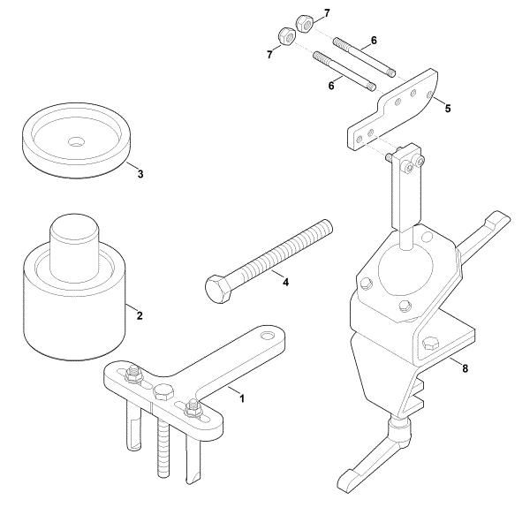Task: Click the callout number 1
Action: (x=243, y=397)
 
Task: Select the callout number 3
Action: (x=140, y=174)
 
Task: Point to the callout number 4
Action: (x=284, y=282)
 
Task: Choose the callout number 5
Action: (x=447, y=109)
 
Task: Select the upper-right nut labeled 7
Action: (x=301, y=20)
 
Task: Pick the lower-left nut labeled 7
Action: (x=285, y=36)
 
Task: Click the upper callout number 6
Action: (x=374, y=41)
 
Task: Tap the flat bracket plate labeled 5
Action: (x=394, y=111)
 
